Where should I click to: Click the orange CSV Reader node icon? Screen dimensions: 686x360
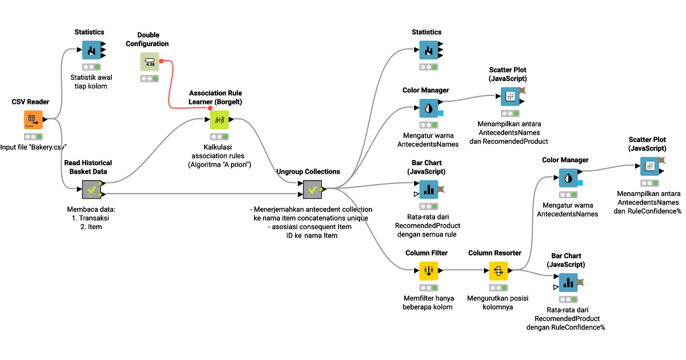point(33,119)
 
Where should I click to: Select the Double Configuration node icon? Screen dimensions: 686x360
point(149,62)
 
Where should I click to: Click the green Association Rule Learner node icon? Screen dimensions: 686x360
point(220,119)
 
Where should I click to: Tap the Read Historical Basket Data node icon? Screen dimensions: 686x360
point(91,189)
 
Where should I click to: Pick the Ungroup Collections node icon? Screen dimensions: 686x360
point(312,189)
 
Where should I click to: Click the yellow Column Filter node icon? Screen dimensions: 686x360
point(428,271)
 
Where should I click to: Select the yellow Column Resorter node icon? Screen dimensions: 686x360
point(498,271)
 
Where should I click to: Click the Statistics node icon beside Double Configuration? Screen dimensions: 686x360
point(91,50)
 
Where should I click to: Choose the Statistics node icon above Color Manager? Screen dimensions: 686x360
point(428,50)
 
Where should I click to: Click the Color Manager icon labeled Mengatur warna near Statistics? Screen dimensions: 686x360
point(428,108)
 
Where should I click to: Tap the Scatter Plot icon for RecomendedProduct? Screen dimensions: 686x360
point(510,97)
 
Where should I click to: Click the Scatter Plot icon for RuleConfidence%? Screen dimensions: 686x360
point(649,166)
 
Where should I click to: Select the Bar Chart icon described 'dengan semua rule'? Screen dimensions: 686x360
point(428,189)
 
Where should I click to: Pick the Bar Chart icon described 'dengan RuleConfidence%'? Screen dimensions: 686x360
point(568,282)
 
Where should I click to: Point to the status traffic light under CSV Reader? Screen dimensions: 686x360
point(33,137)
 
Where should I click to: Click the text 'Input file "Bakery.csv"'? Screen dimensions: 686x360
point(33,147)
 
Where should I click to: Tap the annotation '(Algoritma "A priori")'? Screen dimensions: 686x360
point(220,165)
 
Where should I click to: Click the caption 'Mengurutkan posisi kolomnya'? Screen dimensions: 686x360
point(498,302)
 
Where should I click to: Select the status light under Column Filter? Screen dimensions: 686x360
point(428,288)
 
